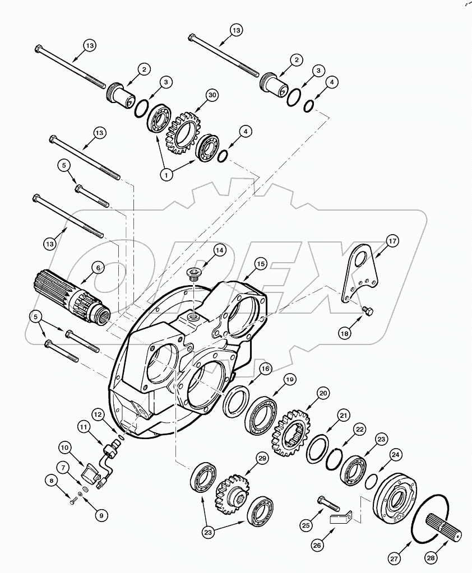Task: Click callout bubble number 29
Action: [x=262, y=458]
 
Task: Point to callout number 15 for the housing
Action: [x=260, y=263]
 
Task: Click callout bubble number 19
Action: [x=289, y=379]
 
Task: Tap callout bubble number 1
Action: [x=166, y=175]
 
